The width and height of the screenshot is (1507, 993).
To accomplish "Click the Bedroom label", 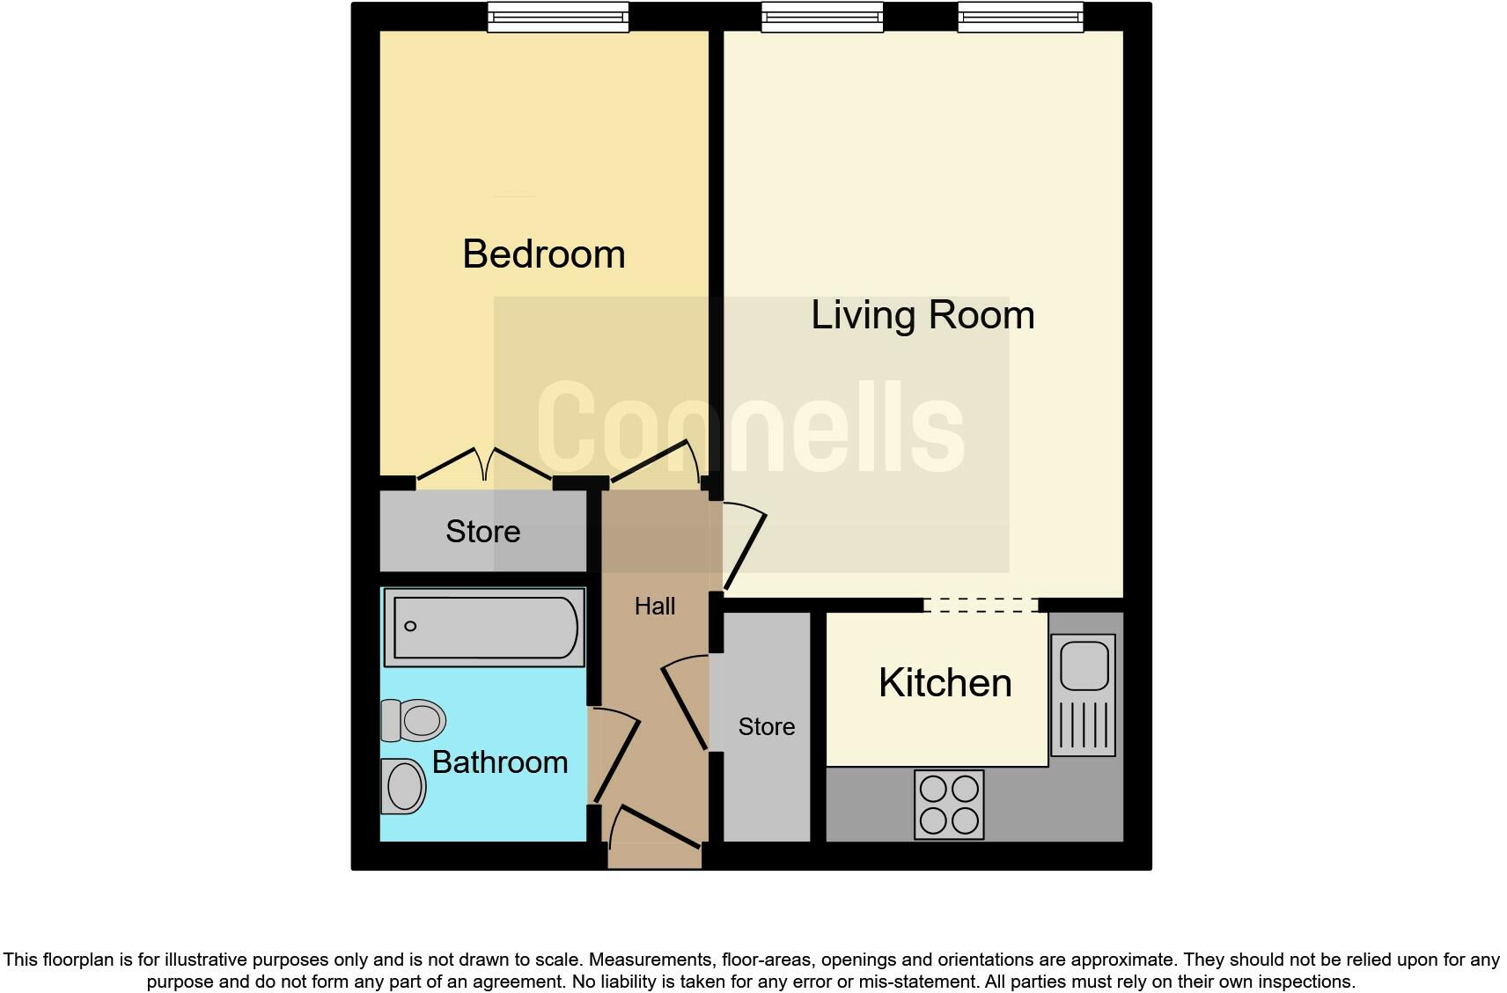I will [x=543, y=254].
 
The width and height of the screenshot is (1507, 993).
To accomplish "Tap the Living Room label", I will [x=922, y=315].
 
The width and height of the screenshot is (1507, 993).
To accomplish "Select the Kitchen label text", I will [x=945, y=683].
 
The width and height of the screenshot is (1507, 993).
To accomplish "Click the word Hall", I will [x=655, y=606].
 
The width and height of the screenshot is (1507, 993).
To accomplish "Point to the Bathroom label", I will [x=500, y=761].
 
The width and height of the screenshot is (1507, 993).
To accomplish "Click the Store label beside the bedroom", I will [x=482, y=531].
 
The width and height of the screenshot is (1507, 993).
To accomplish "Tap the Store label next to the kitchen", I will [x=766, y=726].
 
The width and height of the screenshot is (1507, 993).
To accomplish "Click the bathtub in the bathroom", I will [x=484, y=627].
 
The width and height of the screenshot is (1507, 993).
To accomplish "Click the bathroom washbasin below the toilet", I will [x=404, y=785].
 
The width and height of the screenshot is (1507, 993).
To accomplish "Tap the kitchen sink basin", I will [x=1084, y=666].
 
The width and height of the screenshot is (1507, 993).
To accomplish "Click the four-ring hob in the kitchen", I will [x=949, y=804].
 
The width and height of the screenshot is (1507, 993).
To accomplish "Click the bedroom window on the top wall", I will [x=558, y=17].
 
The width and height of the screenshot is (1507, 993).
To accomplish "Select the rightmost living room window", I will [x=1020, y=17].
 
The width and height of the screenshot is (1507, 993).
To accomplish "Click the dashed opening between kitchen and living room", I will [x=981, y=605].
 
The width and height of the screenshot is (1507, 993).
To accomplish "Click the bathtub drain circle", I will [x=410, y=626].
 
